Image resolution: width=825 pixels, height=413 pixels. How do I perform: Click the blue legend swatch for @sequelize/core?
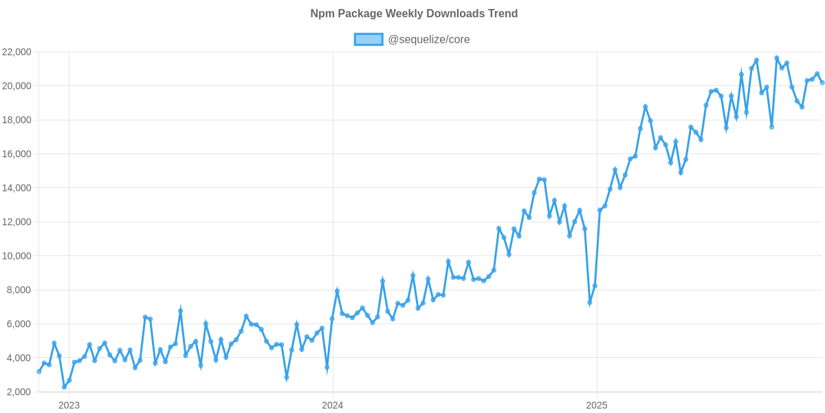(368, 40)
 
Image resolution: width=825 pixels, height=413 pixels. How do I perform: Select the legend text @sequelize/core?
(429, 40)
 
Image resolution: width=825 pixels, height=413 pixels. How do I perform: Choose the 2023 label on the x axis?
(69, 405)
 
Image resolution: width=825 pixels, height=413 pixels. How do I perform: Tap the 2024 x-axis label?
(332, 405)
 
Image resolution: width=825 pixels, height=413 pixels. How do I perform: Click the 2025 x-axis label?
(596, 405)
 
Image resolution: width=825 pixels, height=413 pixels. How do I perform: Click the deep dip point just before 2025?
(589, 303)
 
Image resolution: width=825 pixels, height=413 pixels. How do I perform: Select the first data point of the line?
(39, 372)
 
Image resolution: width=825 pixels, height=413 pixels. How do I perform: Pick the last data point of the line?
(822, 83)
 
